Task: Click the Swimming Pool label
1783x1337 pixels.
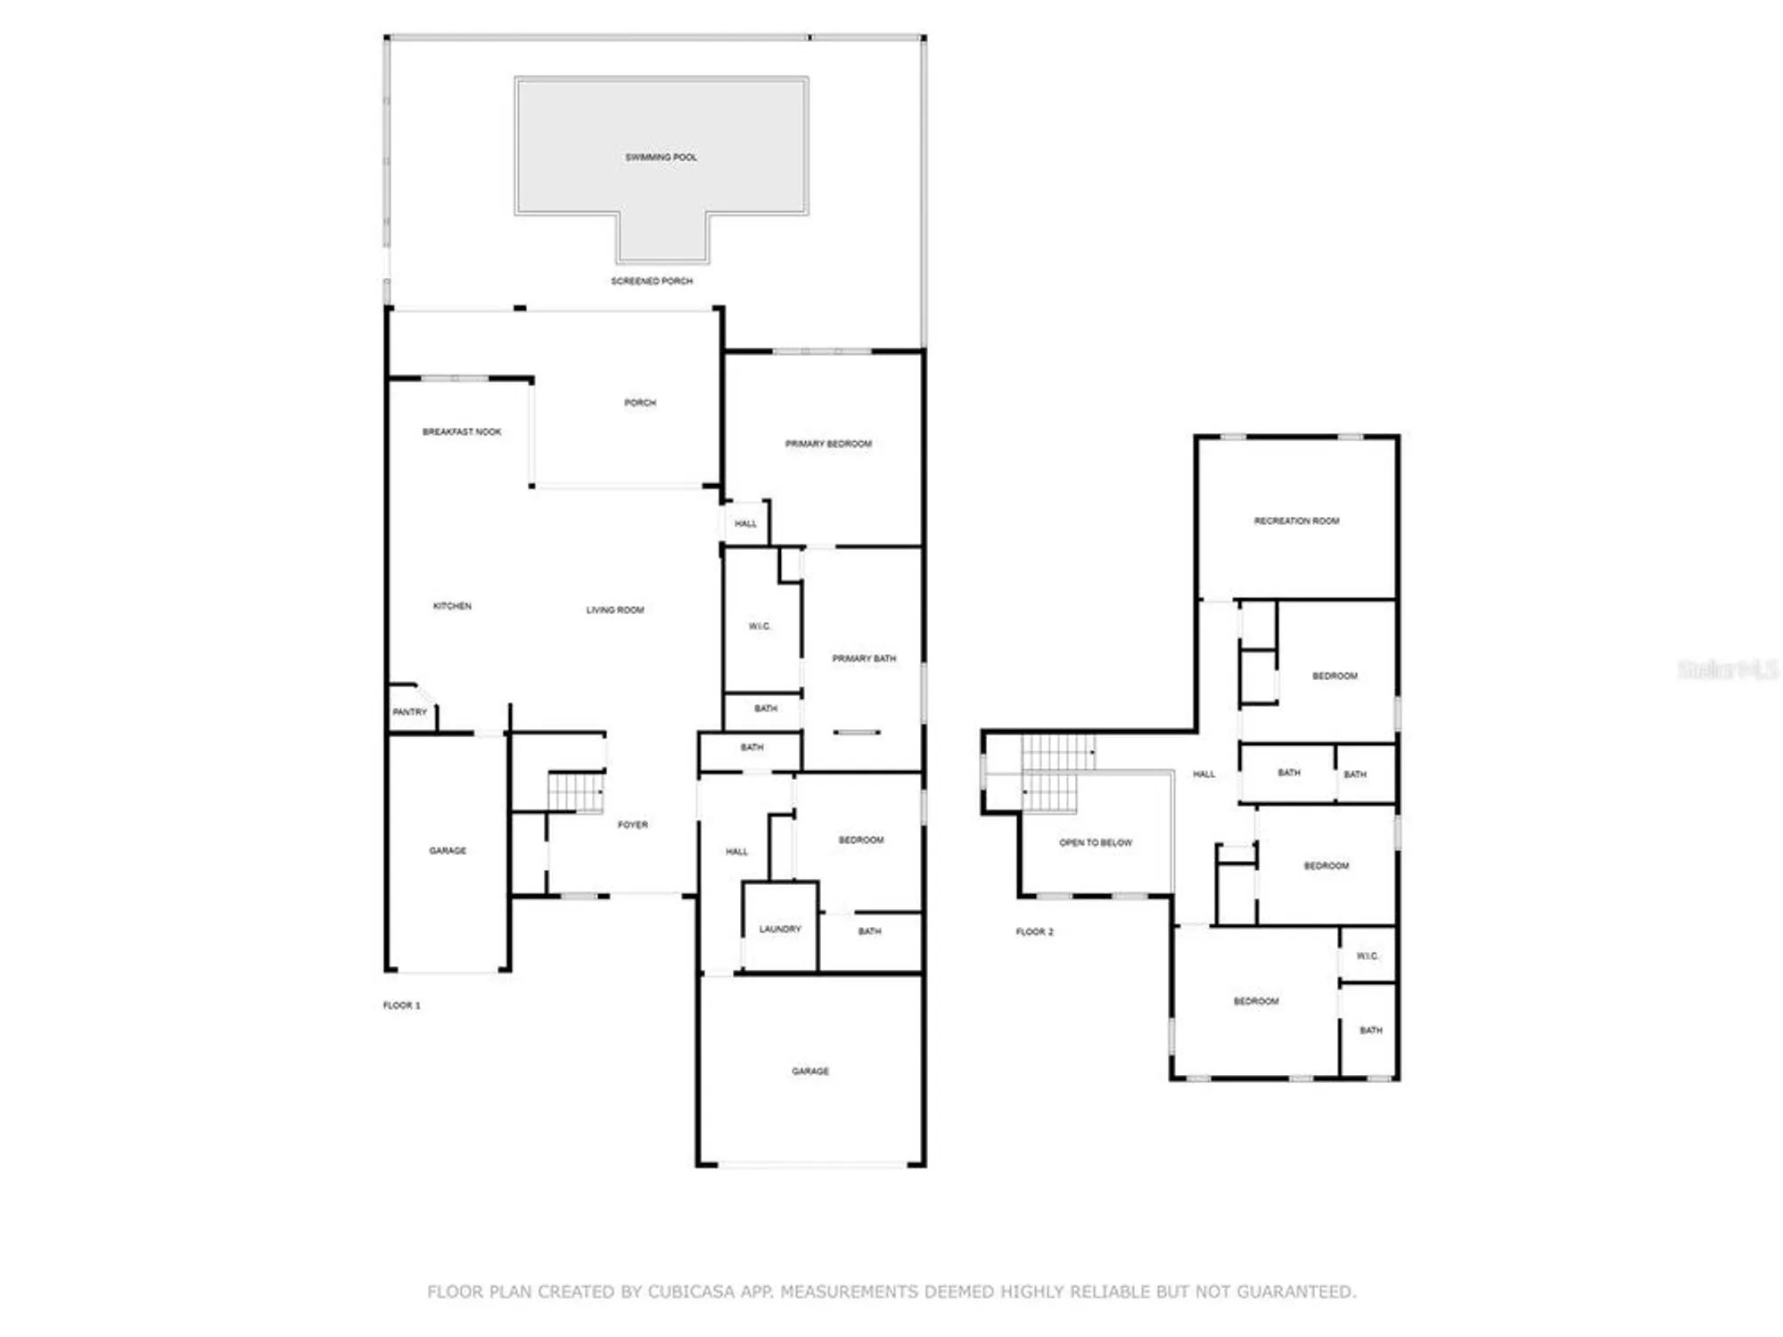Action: (661, 158)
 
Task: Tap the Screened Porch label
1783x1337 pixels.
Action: (652, 282)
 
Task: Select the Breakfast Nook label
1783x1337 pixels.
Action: (462, 432)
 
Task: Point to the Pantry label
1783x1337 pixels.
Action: (410, 712)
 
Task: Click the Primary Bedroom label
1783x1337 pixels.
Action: (828, 444)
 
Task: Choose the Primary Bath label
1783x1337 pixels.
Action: (864, 659)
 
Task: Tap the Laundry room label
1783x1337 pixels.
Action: (780, 930)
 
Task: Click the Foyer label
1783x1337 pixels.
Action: (633, 825)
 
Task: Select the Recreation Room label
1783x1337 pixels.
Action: (1296, 521)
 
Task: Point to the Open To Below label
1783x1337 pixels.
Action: (1096, 843)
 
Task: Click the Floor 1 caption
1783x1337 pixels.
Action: (401, 1005)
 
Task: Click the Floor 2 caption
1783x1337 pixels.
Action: (1034, 932)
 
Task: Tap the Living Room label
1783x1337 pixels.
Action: (615, 611)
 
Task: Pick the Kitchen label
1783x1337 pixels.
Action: (452, 606)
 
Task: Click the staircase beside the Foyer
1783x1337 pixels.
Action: (576, 792)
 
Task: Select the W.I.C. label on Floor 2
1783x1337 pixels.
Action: (1368, 956)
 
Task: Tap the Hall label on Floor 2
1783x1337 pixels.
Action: (1204, 775)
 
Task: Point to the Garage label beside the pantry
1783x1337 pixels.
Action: (448, 851)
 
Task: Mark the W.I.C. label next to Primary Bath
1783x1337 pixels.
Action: (760, 627)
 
